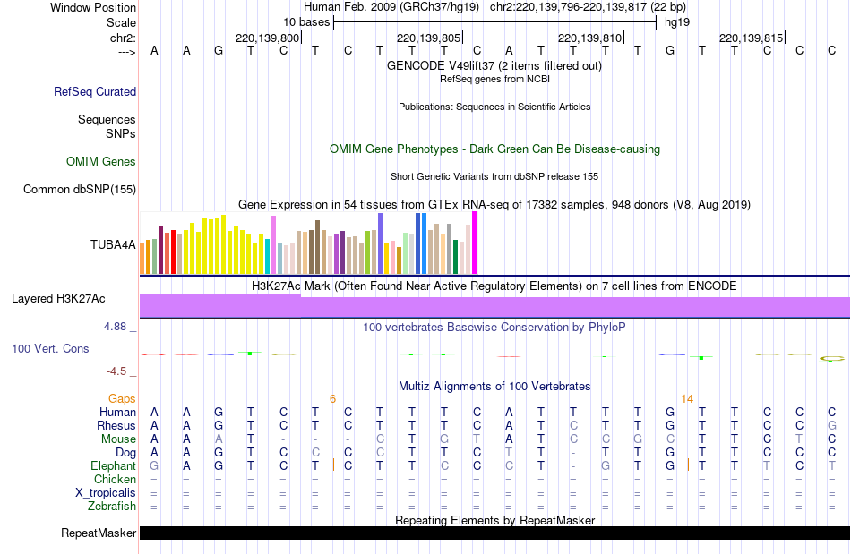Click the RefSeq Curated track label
coord(95,91)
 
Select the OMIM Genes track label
coord(101,162)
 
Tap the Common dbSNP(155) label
coord(80,189)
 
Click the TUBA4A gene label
coord(113,243)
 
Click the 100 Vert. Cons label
coord(50,348)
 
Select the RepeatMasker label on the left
coord(99,533)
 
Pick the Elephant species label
coord(113,465)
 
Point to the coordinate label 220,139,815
coord(751,38)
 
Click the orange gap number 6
coord(332,398)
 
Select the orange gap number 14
coord(687,398)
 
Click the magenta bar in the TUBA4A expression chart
coord(474,243)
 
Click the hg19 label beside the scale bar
coord(676,21)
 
